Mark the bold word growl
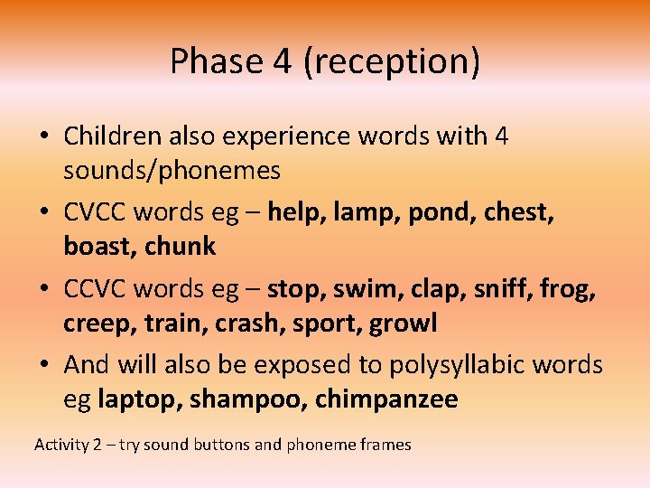pos(403,323)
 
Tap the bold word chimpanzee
pos(386,399)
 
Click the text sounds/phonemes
pos(172,170)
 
